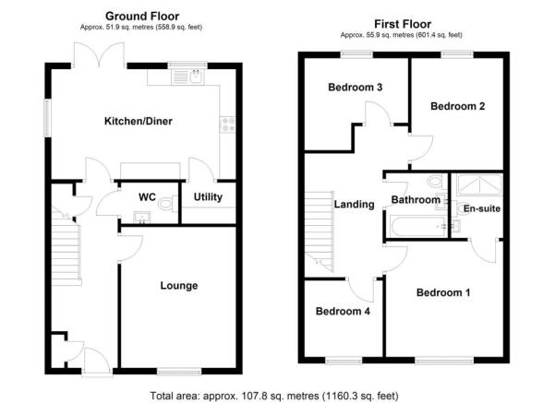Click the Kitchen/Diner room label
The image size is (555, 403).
(x=139, y=121)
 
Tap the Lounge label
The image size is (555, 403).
(x=179, y=286)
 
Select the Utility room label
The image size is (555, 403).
(x=208, y=197)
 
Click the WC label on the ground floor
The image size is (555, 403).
(x=147, y=197)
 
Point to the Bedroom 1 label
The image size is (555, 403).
(x=443, y=293)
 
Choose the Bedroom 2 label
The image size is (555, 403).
(x=458, y=107)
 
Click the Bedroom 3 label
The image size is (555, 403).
(x=356, y=89)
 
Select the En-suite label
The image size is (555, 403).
(x=480, y=208)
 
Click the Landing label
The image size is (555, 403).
(x=355, y=205)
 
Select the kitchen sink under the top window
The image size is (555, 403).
(x=195, y=78)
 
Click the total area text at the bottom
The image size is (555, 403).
(x=274, y=396)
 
